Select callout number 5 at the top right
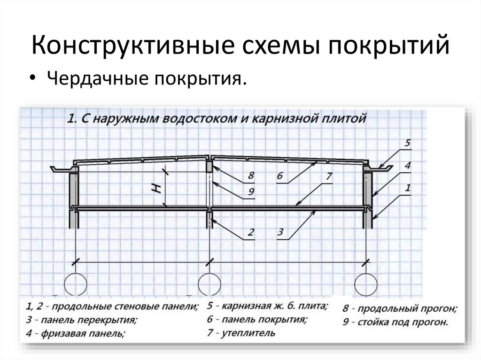(x=407, y=143)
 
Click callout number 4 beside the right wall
(x=407, y=165)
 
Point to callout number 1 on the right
(x=407, y=188)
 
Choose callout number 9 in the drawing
(x=251, y=191)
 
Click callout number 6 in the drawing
(x=280, y=176)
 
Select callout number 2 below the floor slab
(x=251, y=232)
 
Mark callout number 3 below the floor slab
(x=280, y=231)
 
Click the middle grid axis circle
(x=209, y=284)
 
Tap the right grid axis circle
(x=366, y=284)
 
